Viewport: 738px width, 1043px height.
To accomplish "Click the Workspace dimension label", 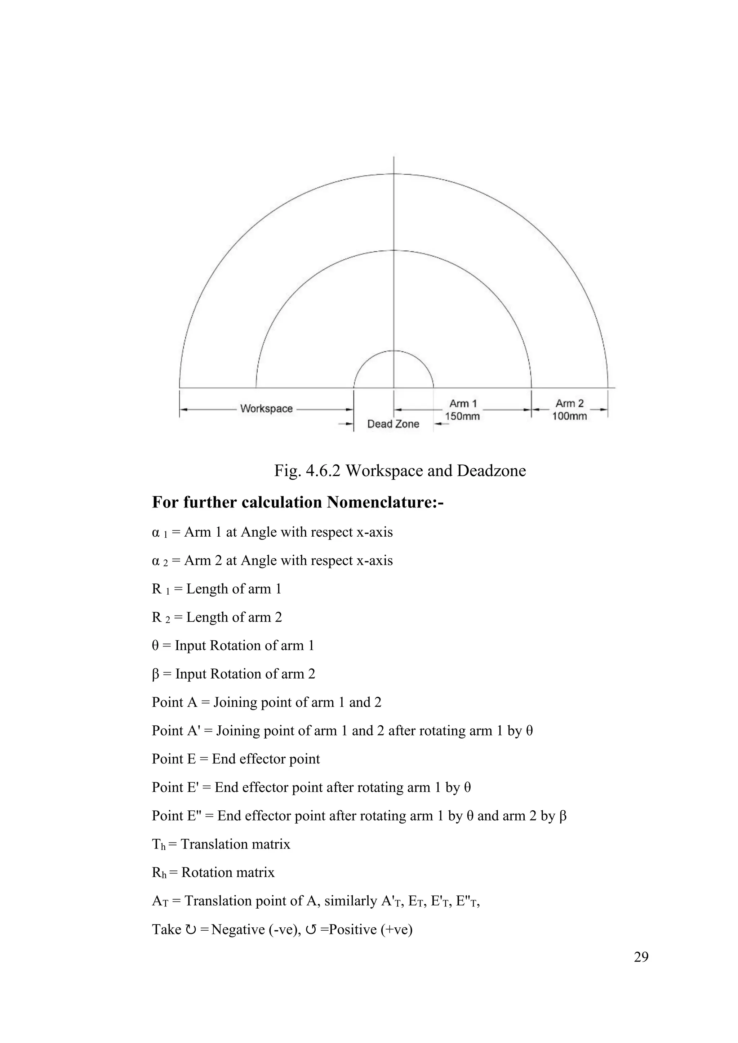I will (x=266, y=408).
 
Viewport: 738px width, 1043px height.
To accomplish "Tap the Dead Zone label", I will (x=393, y=424).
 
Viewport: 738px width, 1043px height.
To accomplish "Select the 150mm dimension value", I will (x=462, y=416).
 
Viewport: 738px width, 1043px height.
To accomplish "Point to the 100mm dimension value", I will (x=569, y=416).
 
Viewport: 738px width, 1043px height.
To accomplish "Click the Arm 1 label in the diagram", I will (x=463, y=403).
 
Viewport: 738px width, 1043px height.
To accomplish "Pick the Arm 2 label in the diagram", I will (x=569, y=403).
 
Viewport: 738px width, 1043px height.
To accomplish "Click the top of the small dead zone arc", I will (x=394, y=351).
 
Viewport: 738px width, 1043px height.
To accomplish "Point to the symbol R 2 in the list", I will (x=160, y=617).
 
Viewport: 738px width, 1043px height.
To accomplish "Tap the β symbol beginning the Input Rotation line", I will (x=155, y=674).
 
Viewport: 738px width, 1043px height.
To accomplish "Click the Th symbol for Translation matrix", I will (x=159, y=845).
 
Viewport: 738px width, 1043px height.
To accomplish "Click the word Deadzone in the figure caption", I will (x=491, y=471).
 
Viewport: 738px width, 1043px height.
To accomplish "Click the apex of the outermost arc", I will (x=394, y=174).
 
